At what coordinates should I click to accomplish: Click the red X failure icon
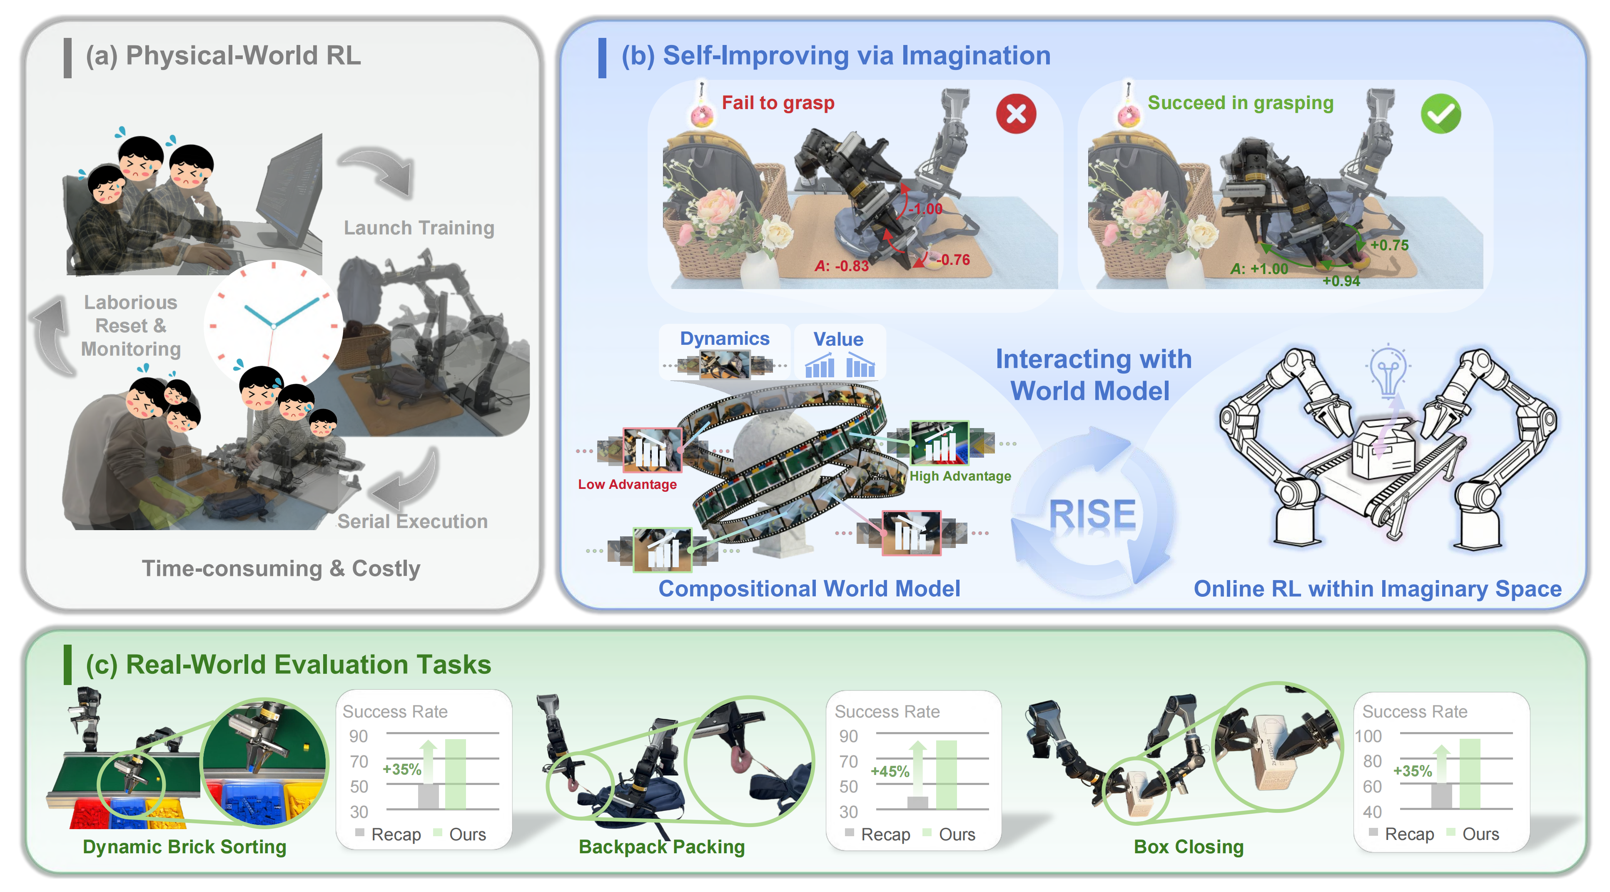point(1016,114)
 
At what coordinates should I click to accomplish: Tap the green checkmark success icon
point(1440,114)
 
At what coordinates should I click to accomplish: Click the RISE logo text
point(1092,514)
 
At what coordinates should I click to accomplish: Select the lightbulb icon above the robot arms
point(1388,369)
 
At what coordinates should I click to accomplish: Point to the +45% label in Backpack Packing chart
point(890,771)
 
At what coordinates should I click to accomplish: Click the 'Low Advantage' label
point(627,484)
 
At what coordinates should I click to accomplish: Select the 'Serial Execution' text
point(413,521)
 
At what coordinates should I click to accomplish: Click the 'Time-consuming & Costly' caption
point(281,568)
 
